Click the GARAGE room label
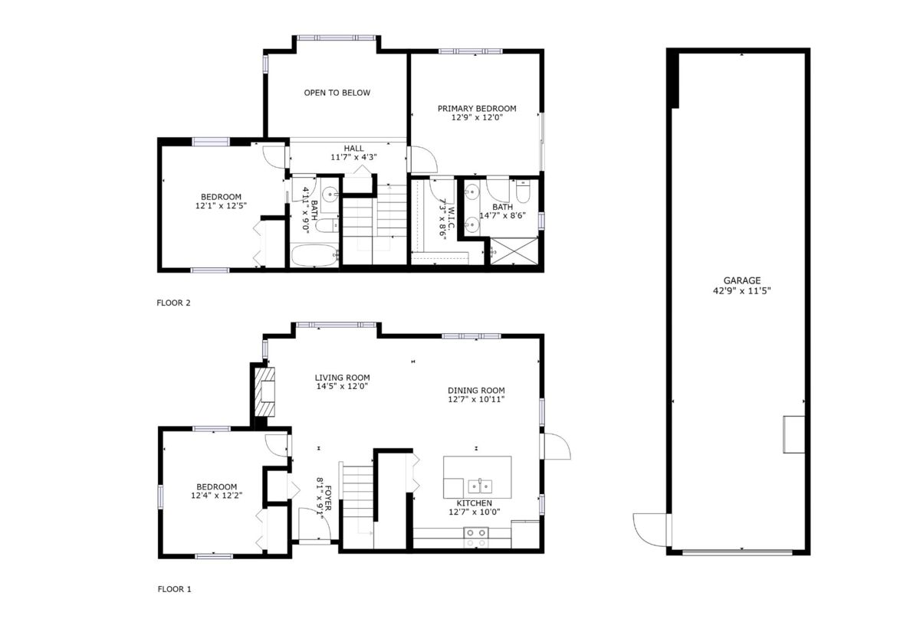point(741,280)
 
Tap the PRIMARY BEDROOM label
point(476,109)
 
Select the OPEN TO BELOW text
point(337,93)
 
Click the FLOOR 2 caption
point(173,303)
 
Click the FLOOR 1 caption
point(173,589)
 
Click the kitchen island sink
point(480,486)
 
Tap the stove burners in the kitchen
point(475,538)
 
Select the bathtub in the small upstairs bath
point(314,256)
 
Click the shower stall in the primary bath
point(514,251)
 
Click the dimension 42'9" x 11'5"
point(741,291)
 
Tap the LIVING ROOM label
point(342,378)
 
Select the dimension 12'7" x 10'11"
point(476,399)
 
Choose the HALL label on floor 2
point(353,149)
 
